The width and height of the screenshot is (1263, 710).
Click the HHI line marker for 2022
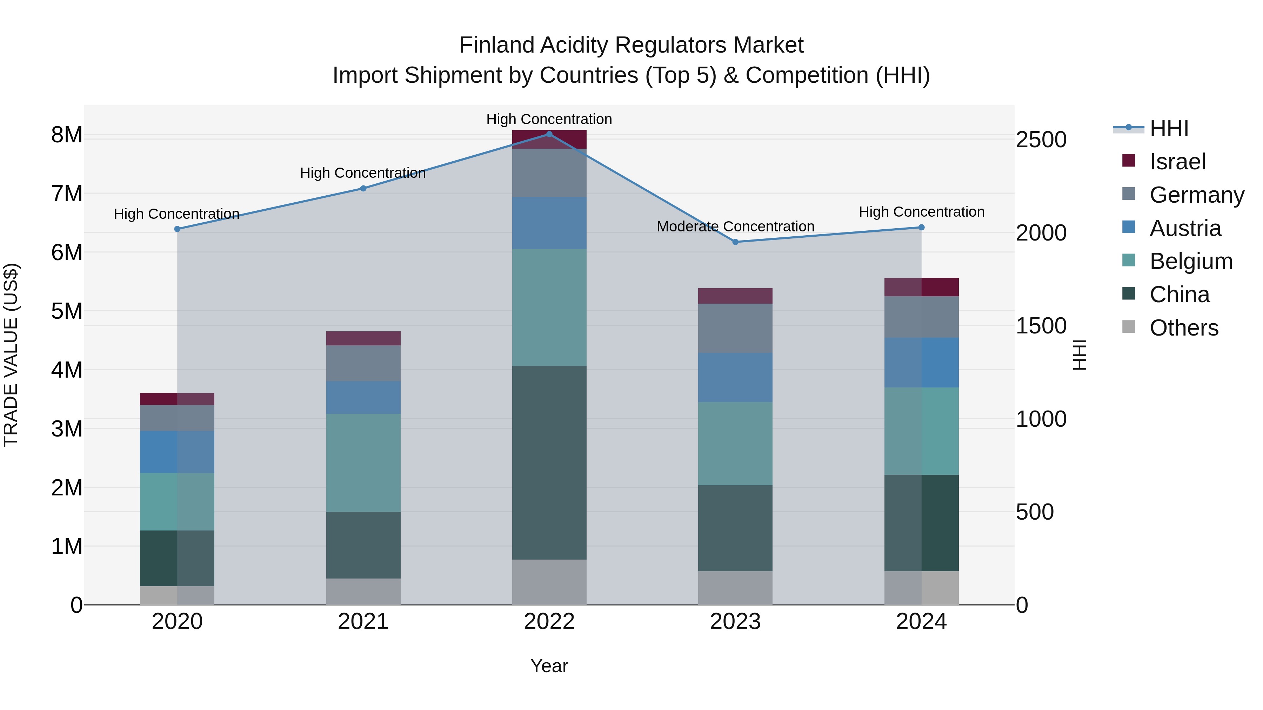coord(549,134)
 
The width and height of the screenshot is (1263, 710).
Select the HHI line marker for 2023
coord(735,242)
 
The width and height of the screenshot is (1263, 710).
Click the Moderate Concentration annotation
coord(735,226)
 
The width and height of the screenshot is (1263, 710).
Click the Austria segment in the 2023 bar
coord(735,377)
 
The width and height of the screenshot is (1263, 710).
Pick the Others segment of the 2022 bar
coord(549,582)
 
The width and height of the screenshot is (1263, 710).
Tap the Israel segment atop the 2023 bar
coord(735,296)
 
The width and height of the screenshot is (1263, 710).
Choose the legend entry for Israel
coord(1177,162)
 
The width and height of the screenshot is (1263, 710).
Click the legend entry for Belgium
coord(1190,261)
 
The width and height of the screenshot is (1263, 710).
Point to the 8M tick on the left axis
coord(67,135)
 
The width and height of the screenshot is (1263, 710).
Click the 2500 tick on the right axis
coord(1041,140)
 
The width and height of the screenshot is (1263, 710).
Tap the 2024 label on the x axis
coord(921,622)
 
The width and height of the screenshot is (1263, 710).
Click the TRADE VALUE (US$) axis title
coord(11,355)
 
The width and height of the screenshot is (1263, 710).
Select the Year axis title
coord(549,666)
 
